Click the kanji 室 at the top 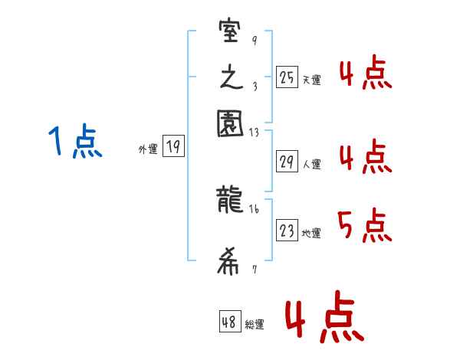(231, 34)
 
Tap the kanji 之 (231, 78)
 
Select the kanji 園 (231, 123)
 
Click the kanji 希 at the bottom (231, 264)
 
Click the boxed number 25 (287, 77)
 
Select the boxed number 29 (287, 162)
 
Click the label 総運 (255, 324)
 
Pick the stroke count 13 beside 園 (255, 132)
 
